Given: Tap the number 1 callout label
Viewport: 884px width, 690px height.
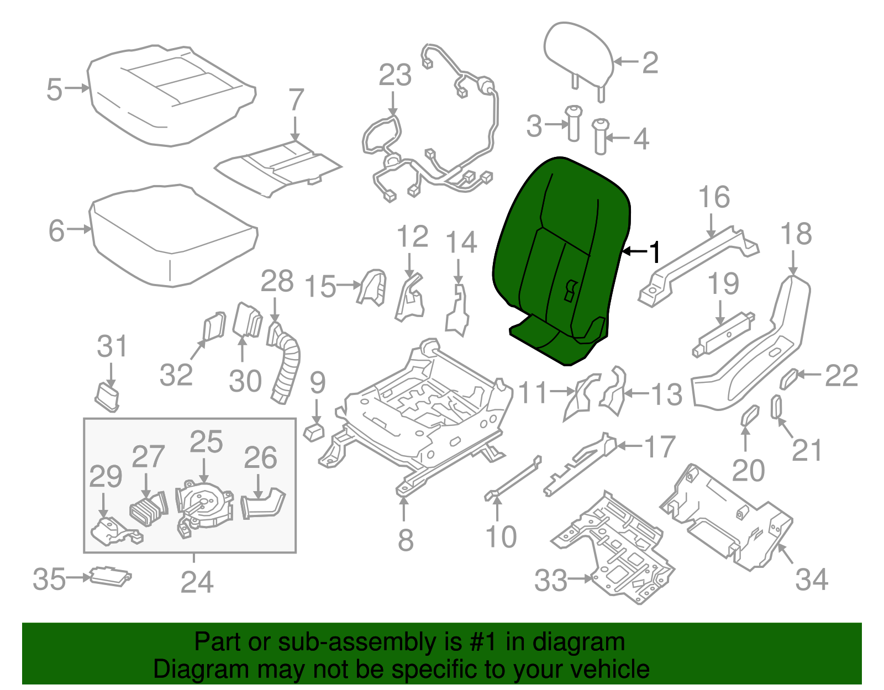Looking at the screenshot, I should point(654,252).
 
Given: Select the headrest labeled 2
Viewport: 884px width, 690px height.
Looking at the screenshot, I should point(577,52).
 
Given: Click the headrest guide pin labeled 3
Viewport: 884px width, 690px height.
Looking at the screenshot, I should point(573,124).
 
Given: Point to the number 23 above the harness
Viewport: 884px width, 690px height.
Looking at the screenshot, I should point(395,75).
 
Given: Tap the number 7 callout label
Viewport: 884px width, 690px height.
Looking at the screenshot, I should point(296,100).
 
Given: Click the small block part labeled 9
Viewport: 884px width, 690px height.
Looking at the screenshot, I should point(314,431).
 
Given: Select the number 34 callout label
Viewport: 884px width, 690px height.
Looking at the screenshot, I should point(812,580).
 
